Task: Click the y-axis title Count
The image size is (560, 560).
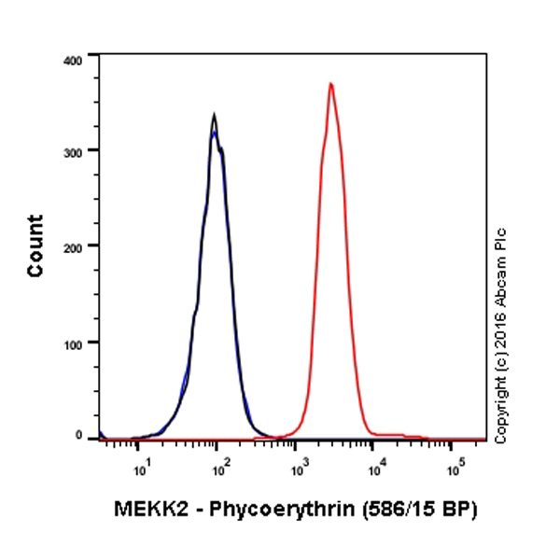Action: [x=35, y=245]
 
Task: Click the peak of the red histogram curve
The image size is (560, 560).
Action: [x=329, y=84]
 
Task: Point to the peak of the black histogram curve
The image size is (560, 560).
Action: [x=214, y=116]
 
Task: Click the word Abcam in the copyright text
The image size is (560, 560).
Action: [x=501, y=291]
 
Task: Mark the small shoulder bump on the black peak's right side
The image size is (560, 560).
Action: [x=222, y=147]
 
